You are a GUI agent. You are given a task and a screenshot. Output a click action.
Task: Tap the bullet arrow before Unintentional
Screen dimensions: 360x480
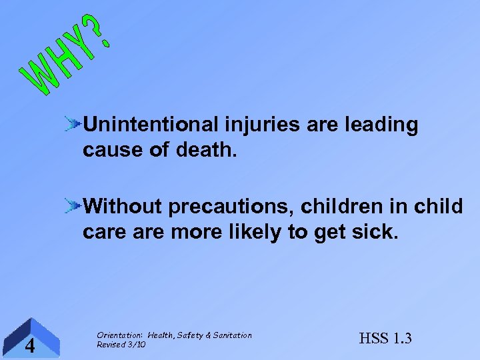tap(73, 123)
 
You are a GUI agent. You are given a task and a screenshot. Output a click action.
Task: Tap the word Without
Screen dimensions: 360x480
tap(123, 207)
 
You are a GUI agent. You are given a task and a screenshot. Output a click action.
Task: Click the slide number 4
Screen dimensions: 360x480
tap(29, 345)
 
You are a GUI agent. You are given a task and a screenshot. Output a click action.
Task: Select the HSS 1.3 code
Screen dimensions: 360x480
tap(385, 339)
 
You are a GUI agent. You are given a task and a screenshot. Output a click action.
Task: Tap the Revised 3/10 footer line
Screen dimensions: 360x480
tap(121, 345)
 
